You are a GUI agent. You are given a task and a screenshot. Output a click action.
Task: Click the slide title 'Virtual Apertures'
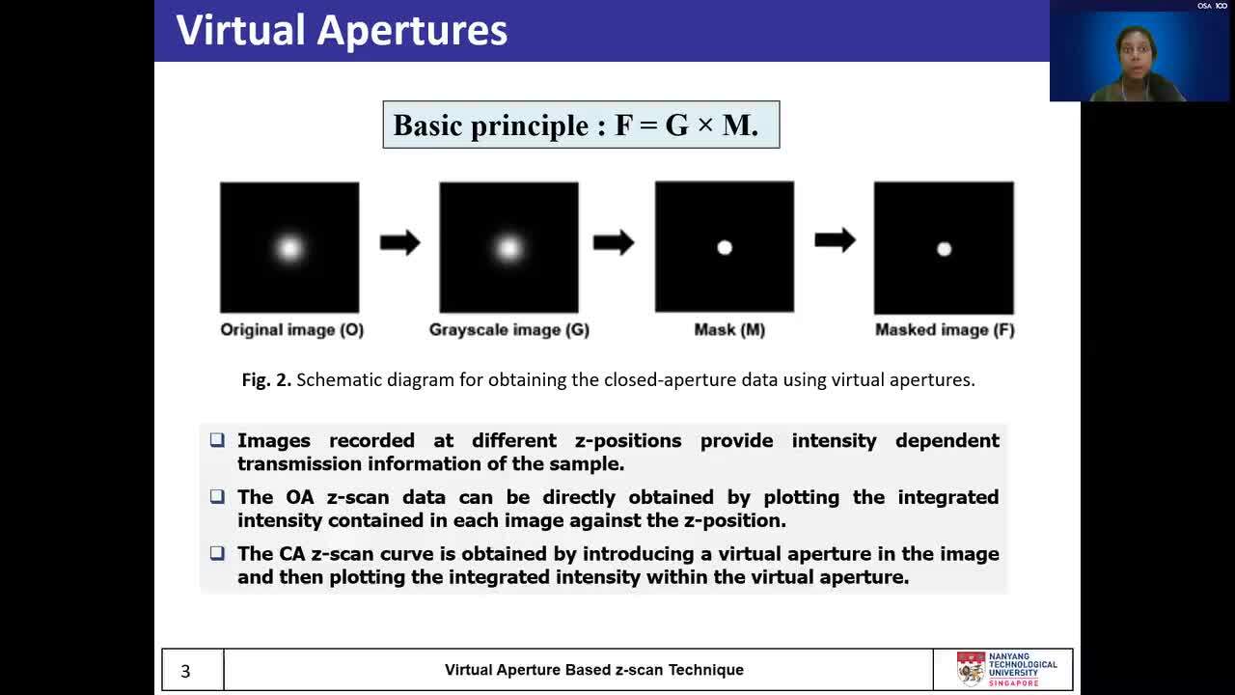click(x=342, y=30)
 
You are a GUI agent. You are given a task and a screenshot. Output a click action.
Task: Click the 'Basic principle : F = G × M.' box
click(x=581, y=125)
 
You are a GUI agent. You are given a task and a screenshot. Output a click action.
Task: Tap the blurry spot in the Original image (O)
click(x=289, y=248)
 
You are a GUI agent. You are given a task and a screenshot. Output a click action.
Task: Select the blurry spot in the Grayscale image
click(x=508, y=248)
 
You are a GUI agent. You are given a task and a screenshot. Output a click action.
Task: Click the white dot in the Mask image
click(x=725, y=248)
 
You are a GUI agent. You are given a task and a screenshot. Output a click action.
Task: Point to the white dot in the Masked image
click(x=944, y=249)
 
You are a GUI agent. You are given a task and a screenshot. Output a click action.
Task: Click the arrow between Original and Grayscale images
click(x=400, y=242)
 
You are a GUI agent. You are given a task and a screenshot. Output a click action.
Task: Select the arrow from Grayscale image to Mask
click(x=614, y=242)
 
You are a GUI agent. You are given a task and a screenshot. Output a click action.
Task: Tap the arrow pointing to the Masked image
click(x=836, y=240)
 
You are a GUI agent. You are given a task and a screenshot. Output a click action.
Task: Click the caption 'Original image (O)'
click(x=292, y=330)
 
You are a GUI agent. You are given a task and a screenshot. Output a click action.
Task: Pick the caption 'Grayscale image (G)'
click(x=509, y=330)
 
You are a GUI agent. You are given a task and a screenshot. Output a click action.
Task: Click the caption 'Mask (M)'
click(x=729, y=330)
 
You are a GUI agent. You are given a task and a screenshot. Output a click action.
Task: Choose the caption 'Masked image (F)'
click(x=945, y=330)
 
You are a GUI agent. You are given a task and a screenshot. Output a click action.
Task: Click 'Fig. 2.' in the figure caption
click(x=266, y=380)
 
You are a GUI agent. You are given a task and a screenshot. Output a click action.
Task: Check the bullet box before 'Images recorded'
click(x=217, y=439)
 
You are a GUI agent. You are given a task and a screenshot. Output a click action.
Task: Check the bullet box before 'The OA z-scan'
click(x=217, y=496)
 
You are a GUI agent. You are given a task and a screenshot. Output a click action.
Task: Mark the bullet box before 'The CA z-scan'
click(x=217, y=553)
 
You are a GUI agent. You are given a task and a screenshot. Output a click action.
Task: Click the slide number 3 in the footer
click(x=185, y=671)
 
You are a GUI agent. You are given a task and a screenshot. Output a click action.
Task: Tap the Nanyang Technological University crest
click(x=972, y=669)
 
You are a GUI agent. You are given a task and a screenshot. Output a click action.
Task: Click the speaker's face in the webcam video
click(x=1135, y=53)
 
